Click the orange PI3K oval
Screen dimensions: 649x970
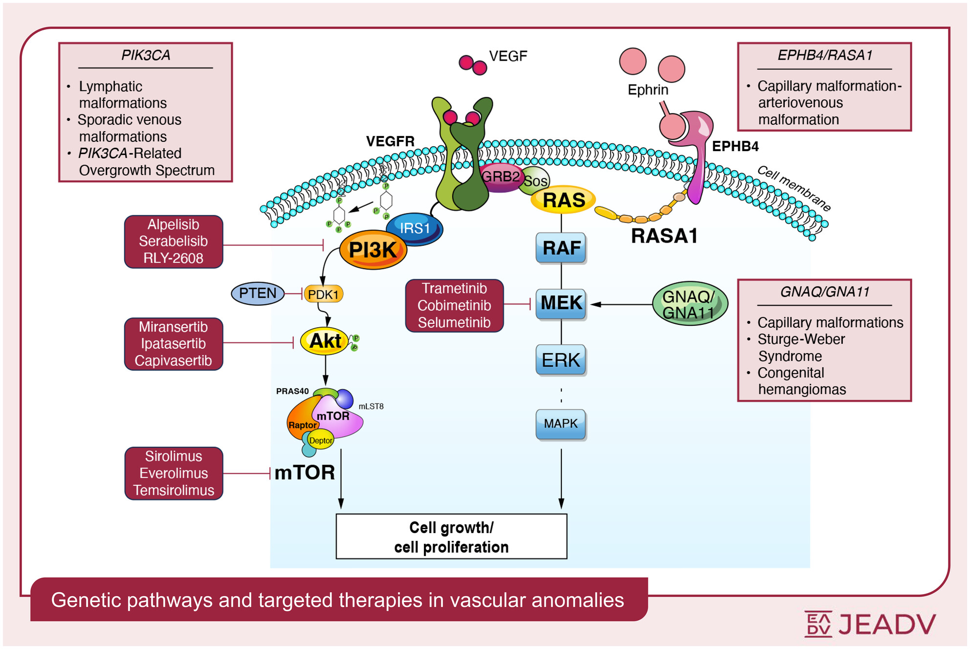(x=373, y=250)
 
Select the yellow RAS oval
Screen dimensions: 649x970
(x=563, y=200)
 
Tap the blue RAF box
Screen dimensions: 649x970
(x=561, y=248)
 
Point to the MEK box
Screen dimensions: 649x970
(x=561, y=303)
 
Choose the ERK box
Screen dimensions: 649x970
(x=561, y=360)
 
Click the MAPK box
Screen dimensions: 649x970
(x=561, y=424)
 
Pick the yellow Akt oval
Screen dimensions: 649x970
(x=325, y=341)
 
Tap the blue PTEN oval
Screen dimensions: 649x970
(x=258, y=293)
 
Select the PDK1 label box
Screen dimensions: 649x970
(x=323, y=294)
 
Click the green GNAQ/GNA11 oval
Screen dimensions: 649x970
(x=689, y=304)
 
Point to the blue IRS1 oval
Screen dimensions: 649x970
(x=415, y=228)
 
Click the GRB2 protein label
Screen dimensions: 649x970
(x=500, y=177)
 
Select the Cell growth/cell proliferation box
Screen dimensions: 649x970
(x=451, y=537)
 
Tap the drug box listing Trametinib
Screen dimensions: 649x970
(x=454, y=306)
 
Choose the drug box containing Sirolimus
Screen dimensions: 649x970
(x=174, y=473)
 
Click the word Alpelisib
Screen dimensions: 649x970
(x=174, y=224)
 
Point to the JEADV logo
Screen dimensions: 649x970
(x=870, y=624)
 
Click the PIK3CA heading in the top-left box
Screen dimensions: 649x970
(x=146, y=55)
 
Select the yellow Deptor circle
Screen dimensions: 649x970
(x=321, y=440)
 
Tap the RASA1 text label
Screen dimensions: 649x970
(x=664, y=236)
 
